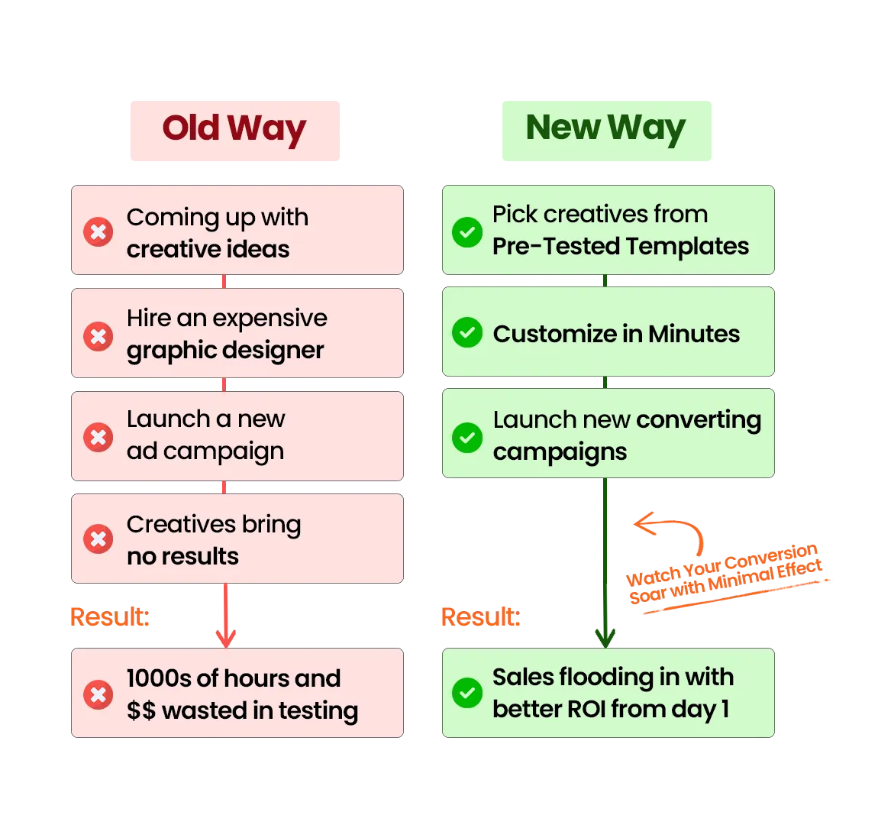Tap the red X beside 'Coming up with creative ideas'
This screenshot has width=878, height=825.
click(x=98, y=231)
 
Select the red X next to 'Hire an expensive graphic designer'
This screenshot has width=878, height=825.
click(x=98, y=335)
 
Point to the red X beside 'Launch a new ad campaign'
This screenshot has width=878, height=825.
click(x=98, y=438)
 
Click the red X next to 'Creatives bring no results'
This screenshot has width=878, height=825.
click(x=98, y=539)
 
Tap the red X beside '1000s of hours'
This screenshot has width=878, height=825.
click(x=98, y=694)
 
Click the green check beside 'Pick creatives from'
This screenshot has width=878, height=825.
click(x=467, y=231)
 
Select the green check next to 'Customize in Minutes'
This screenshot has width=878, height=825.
click(x=467, y=333)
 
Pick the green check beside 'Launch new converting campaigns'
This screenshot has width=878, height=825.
click(x=467, y=437)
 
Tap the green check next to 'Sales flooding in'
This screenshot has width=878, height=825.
click(x=467, y=693)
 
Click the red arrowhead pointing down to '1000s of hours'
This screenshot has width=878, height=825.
click(x=225, y=636)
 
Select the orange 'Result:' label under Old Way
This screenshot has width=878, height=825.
click(x=109, y=616)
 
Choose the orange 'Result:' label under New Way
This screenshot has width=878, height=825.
click(x=481, y=616)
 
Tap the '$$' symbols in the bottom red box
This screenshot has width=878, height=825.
click(x=141, y=711)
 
